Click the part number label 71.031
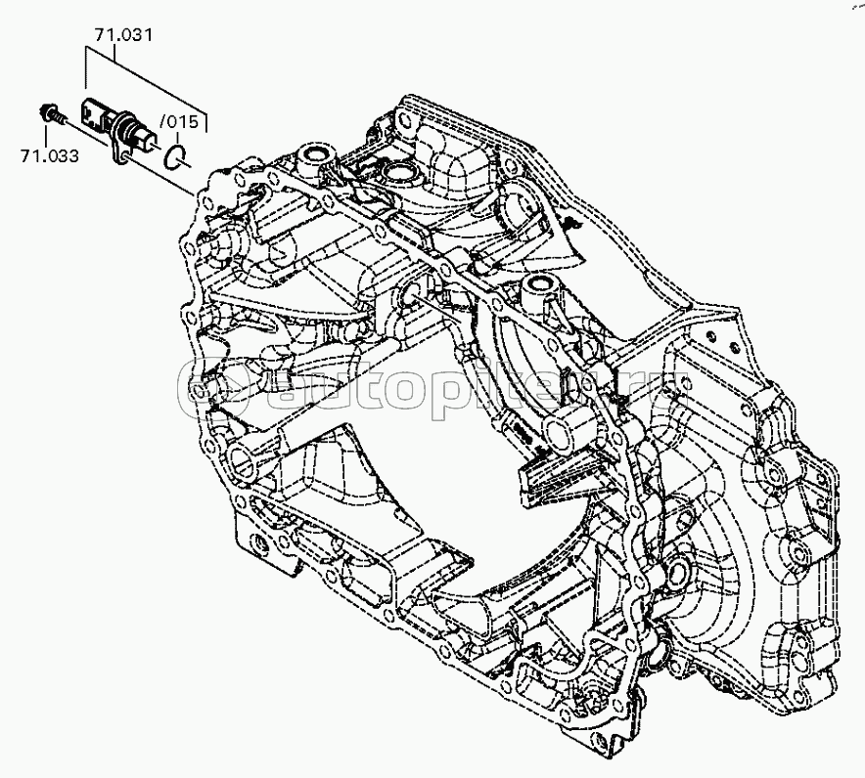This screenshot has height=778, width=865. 123,35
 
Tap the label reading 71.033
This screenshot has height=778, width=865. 50,156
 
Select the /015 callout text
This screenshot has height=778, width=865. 179,121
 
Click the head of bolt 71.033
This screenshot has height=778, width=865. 46,111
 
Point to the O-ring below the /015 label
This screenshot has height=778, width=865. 175,156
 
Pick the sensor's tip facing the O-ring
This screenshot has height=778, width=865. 149,146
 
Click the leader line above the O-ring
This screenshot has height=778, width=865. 177,138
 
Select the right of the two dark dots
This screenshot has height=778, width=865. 735,347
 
